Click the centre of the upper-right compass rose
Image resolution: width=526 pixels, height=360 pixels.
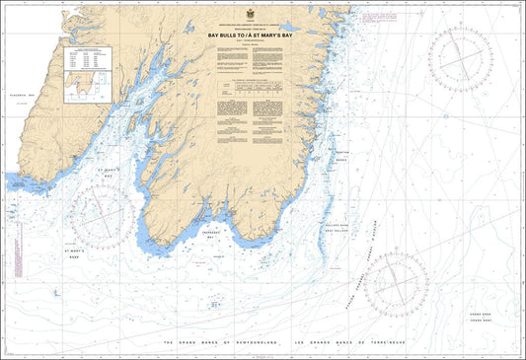click(x=460, y=60)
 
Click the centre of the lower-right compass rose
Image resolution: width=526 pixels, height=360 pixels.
click(x=396, y=284)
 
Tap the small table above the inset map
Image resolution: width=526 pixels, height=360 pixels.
click(x=82, y=58)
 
